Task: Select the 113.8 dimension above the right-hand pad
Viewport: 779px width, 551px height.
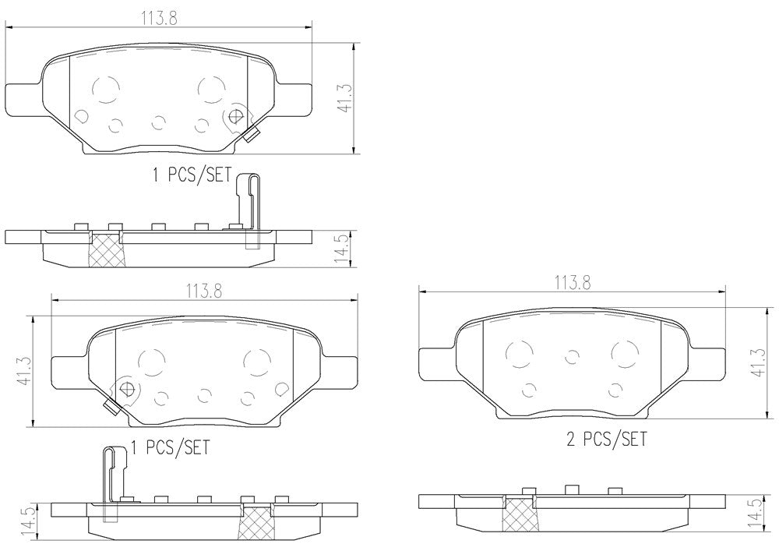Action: coord(573,283)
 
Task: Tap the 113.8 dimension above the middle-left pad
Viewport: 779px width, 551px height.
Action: coord(204,291)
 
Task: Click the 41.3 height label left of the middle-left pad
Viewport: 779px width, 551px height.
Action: coord(25,370)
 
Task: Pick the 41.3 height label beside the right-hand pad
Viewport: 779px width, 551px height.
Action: coord(758,362)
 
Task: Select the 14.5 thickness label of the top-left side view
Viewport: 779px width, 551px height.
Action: coord(342,249)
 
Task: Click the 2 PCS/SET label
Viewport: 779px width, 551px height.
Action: coord(607,440)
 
